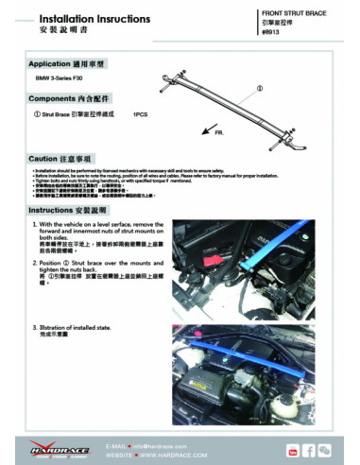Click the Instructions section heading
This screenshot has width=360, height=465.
pyautogui.click(x=70, y=210)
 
